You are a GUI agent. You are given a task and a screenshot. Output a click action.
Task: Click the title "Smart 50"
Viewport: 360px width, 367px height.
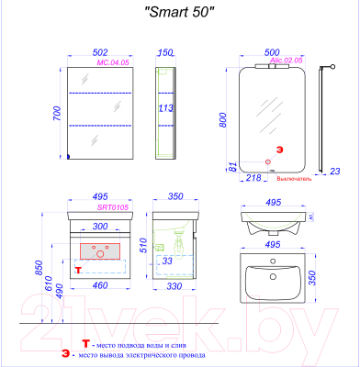click(x=180, y=13)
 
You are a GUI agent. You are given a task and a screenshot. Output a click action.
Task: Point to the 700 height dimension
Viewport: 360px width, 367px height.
click(x=58, y=114)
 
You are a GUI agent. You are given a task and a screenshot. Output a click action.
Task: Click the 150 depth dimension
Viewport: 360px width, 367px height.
click(x=165, y=53)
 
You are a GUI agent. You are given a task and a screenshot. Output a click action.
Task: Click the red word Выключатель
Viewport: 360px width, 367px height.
click(x=296, y=180)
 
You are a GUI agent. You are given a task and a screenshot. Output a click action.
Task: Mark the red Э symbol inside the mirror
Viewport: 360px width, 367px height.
click(x=276, y=148)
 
